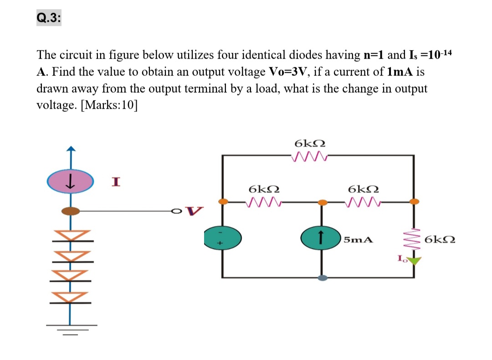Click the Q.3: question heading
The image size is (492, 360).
[49, 18]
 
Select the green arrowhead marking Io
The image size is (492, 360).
[414, 261]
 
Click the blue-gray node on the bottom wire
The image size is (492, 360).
[323, 277]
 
